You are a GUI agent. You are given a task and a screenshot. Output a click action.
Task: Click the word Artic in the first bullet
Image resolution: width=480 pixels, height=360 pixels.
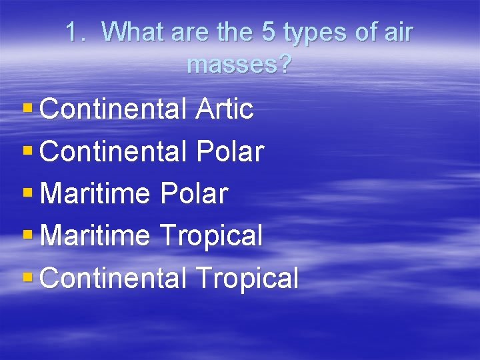tap(225, 109)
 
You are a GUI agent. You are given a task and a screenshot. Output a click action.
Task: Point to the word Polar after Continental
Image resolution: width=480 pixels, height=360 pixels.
tap(231, 152)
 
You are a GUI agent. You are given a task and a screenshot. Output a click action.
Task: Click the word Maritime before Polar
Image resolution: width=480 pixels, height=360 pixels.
tap(95, 194)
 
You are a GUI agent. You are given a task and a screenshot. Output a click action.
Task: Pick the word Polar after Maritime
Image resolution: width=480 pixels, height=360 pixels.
tap(194, 194)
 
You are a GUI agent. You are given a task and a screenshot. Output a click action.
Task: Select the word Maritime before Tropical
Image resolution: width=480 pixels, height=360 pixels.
tap(95, 235)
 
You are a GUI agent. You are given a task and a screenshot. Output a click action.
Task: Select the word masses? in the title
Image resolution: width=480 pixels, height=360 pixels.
tap(239, 65)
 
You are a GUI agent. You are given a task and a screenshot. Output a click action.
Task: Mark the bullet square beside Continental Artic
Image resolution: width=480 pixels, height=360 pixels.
tap(27, 107)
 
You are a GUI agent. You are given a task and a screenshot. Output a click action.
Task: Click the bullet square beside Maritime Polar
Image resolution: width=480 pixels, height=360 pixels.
tap(27, 191)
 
